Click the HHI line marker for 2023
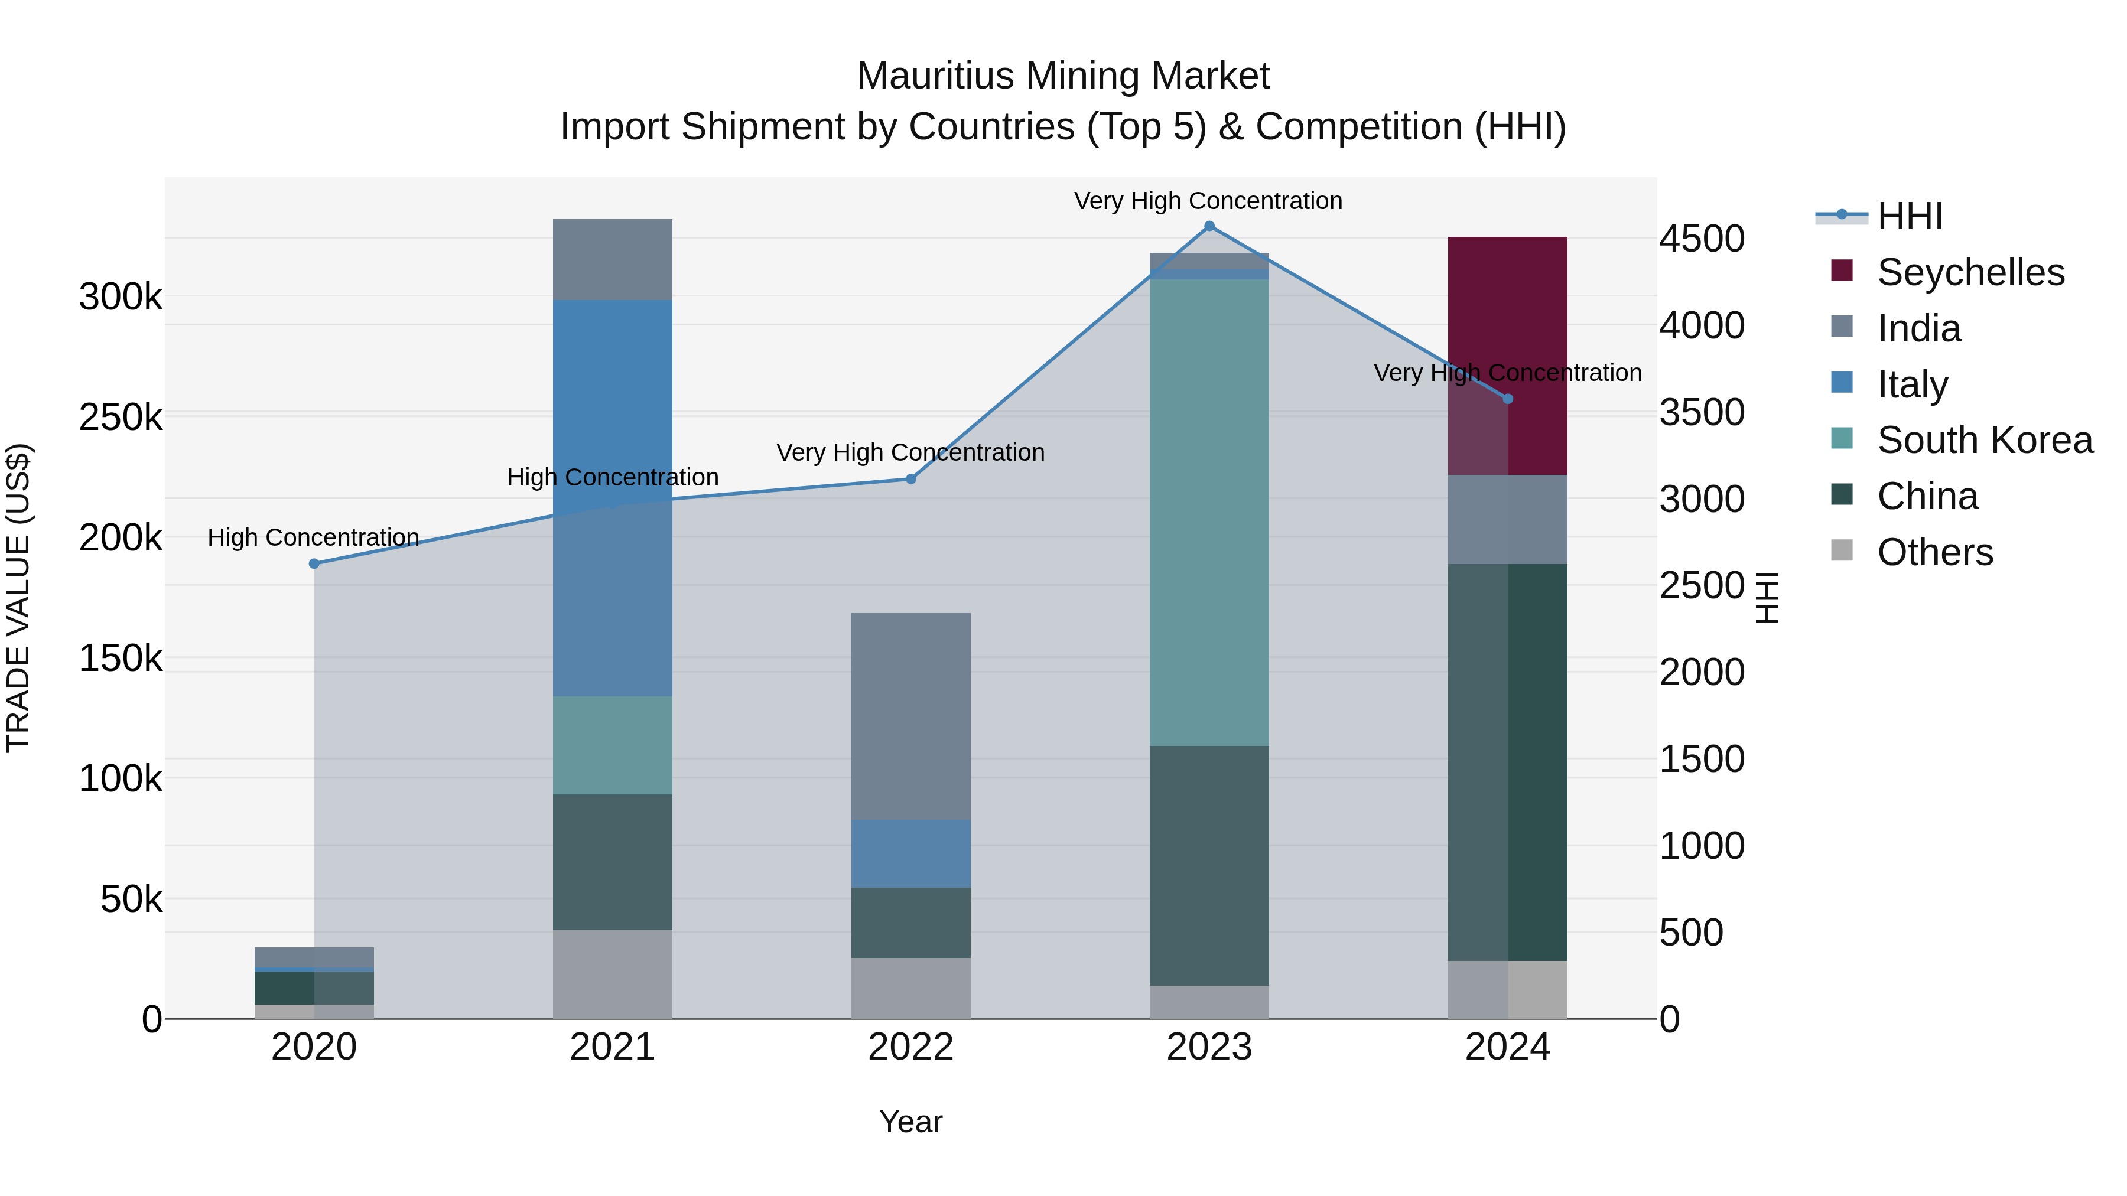[1209, 226]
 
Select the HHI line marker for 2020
[314, 564]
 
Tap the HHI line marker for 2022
[910, 479]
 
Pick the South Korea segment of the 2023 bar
[1209, 511]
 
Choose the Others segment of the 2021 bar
[612, 974]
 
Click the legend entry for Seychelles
[1970, 272]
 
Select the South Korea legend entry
[1983, 440]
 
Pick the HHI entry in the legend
[1909, 216]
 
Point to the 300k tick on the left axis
[121, 296]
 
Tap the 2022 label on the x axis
[910, 1047]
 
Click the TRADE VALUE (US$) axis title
[18, 598]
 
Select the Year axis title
[910, 1122]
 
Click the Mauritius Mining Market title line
[1063, 76]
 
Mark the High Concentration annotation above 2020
[314, 537]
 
